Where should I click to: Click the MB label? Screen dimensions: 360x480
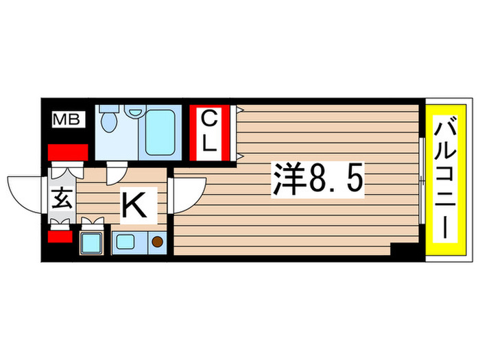click(x=68, y=121)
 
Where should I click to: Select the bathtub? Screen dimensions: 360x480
click(x=161, y=130)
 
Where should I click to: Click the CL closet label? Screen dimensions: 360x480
click(x=210, y=133)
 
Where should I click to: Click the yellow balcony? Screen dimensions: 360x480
click(x=446, y=180)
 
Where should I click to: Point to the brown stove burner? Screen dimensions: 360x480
click(x=158, y=241)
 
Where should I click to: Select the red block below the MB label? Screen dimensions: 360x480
click(x=68, y=152)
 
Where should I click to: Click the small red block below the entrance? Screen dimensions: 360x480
click(x=60, y=237)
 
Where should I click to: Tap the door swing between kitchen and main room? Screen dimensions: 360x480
click(x=188, y=193)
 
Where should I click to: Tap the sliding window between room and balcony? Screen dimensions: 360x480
click(x=420, y=180)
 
